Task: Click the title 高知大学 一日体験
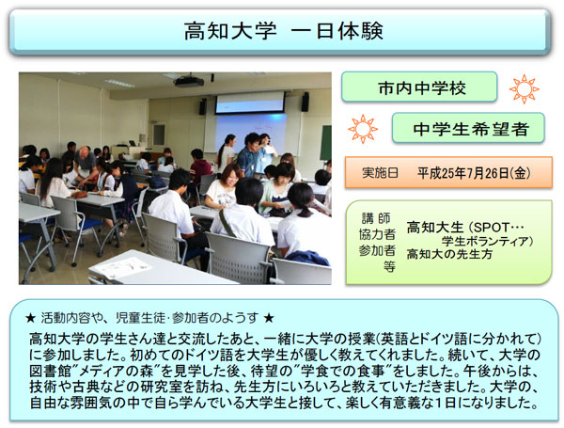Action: pos(284,31)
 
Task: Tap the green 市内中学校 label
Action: pos(419,87)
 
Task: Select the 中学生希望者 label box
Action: pos(468,128)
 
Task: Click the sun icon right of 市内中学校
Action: pos(525,89)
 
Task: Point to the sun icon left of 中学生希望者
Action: pos(363,129)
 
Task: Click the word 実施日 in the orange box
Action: pos(380,173)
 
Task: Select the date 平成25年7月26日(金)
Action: pos(474,173)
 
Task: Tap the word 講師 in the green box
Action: pos(376,218)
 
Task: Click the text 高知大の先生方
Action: pos(449,254)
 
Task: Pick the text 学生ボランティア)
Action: pos(487,241)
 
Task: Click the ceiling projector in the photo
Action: pos(189,81)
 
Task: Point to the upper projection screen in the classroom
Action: pos(250,103)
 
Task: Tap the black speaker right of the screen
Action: pos(305,102)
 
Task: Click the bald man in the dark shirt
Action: pos(86,165)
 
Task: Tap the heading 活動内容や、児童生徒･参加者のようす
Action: pos(149,318)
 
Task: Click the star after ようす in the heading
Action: pos(269,318)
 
